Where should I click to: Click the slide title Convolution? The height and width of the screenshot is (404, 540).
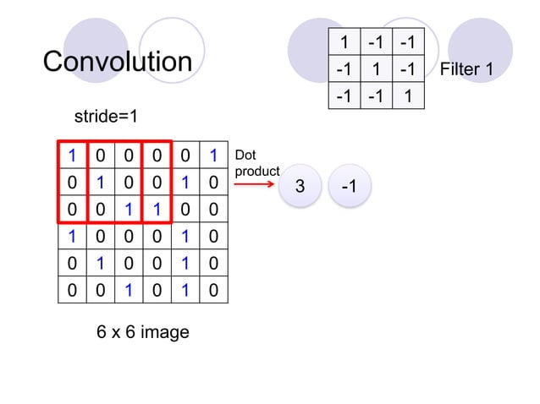(118, 62)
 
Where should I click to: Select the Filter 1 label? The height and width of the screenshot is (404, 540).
(466, 69)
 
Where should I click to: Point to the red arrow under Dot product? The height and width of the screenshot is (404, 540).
(256, 181)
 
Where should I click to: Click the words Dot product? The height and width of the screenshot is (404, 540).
(256, 163)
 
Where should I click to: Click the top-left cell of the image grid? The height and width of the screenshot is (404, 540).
(73, 156)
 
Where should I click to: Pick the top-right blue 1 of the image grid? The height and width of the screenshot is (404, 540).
(214, 156)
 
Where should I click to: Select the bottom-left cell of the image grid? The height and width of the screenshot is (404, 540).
(73, 292)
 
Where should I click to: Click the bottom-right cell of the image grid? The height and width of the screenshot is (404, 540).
(214, 292)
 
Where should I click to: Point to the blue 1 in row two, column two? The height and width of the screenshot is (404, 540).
(101, 183)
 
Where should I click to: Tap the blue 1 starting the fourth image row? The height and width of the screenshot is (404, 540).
(73, 237)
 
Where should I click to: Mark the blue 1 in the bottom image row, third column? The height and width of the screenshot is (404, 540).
(129, 292)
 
